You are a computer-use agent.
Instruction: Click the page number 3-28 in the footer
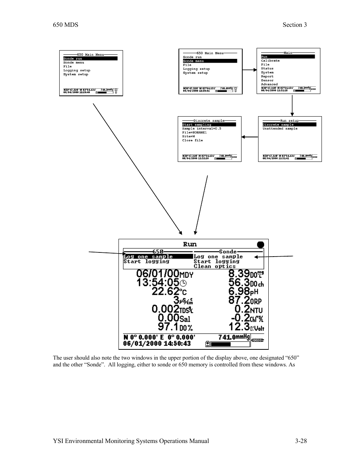(x=301, y=441)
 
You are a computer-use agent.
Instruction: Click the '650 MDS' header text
(x=65, y=25)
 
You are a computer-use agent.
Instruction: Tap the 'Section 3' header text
(x=294, y=25)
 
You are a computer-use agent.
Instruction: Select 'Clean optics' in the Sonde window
(x=214, y=266)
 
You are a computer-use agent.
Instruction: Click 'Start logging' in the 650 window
(x=146, y=261)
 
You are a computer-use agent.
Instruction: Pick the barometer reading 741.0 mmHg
(x=234, y=337)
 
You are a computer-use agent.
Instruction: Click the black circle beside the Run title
(x=260, y=245)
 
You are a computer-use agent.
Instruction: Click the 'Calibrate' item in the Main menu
(x=270, y=61)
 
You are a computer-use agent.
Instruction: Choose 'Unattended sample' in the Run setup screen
(x=280, y=129)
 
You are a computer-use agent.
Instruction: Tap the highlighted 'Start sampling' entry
(x=197, y=125)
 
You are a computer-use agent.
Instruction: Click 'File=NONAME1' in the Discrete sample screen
(x=194, y=132)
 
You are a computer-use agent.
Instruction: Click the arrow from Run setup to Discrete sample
(x=249, y=137)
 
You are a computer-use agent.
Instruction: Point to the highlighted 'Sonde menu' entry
(x=193, y=61)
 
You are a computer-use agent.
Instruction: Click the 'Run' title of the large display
(x=190, y=245)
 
